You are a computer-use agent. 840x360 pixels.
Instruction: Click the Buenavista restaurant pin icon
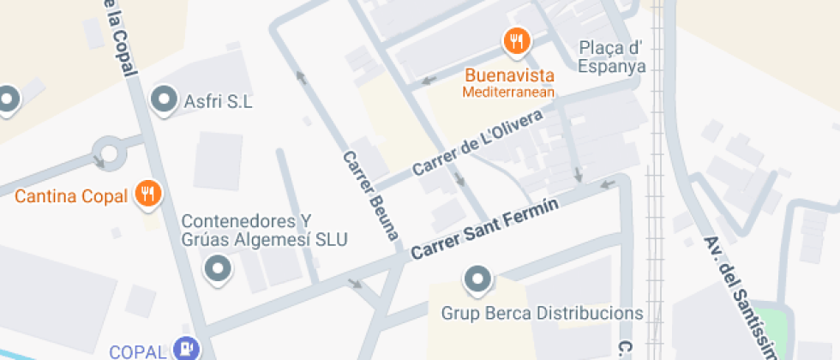(516, 40)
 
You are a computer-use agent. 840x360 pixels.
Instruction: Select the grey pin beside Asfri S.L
(163, 100)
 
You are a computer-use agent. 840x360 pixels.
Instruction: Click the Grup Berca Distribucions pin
(477, 279)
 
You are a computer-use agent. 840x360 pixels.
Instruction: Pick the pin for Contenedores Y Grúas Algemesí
(219, 269)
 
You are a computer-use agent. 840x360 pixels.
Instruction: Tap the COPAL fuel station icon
(186, 349)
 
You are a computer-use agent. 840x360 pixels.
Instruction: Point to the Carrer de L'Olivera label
(477, 143)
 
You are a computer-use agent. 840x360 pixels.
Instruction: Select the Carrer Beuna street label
(371, 195)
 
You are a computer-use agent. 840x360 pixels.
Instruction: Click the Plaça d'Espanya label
(611, 57)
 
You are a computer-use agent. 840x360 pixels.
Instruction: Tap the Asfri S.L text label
(218, 102)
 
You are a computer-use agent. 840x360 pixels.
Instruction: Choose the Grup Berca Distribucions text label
(542, 313)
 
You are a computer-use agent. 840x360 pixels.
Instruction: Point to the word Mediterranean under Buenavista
(509, 92)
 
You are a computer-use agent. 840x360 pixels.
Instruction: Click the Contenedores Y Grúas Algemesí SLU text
(264, 230)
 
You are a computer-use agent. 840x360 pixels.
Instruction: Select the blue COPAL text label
(137, 351)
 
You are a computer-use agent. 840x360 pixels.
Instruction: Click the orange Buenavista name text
(509, 75)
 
